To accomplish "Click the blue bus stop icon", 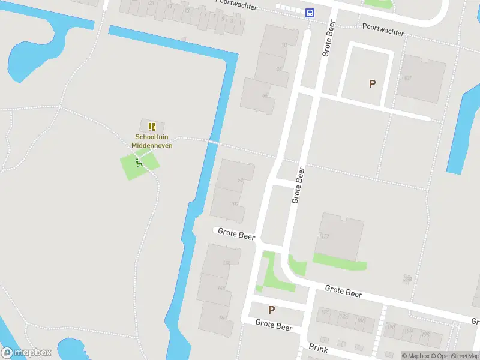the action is point(310,13).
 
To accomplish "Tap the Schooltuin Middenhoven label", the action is point(152,141).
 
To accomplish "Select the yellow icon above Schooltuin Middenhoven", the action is point(152,127).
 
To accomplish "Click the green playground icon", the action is point(139,161).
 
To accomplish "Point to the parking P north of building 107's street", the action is point(372,84).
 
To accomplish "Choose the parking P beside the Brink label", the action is point(271,310).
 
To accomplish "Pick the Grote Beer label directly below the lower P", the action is point(274,325).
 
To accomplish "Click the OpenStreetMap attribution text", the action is point(457,356).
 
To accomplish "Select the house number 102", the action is point(235,205).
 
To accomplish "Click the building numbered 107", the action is point(408,78).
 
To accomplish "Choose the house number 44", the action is point(264,95).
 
